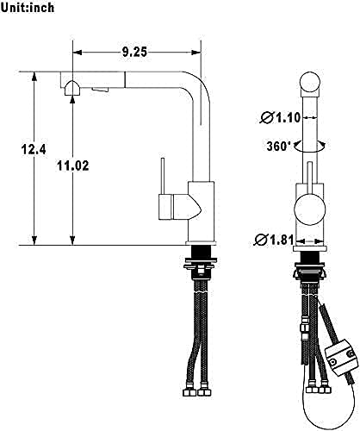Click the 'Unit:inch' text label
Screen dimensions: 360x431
[28, 7]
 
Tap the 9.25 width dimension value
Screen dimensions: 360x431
[134, 52]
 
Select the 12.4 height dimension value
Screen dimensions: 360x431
[34, 149]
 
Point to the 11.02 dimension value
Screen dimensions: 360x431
[73, 166]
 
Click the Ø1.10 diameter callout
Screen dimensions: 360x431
[280, 117]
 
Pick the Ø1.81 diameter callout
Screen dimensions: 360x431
[274, 240]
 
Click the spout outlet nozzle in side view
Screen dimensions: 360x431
[72, 88]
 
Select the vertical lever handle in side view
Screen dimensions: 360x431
[163, 176]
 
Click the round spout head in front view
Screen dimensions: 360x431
[310, 82]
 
